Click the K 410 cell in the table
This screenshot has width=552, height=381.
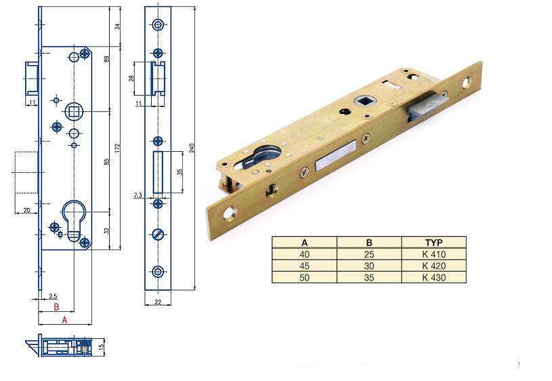[433, 254]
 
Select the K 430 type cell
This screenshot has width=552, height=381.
[433, 277]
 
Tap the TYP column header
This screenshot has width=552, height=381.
[433, 243]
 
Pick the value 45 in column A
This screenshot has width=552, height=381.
[305, 266]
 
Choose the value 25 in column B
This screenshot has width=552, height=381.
[369, 254]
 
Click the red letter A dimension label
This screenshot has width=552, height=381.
[64, 320]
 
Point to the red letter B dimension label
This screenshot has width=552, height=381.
[56, 307]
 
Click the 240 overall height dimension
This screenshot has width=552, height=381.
[192, 148]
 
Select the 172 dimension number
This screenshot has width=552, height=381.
[117, 148]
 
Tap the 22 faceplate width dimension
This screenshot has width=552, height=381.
[158, 302]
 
